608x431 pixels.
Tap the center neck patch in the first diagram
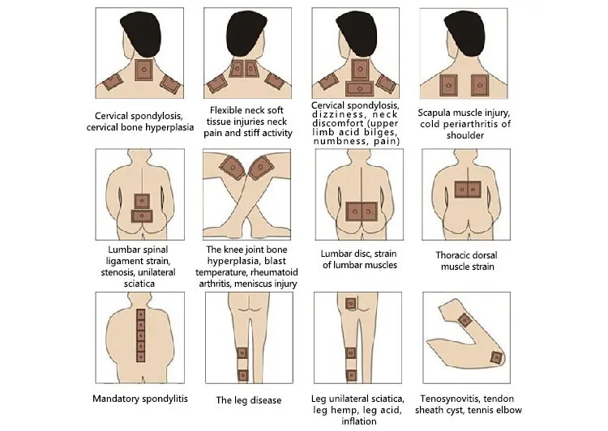(143, 70)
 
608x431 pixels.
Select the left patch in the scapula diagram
(447, 83)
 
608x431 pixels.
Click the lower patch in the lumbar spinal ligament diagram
(143, 216)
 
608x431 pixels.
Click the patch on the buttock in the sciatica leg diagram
(351, 303)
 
